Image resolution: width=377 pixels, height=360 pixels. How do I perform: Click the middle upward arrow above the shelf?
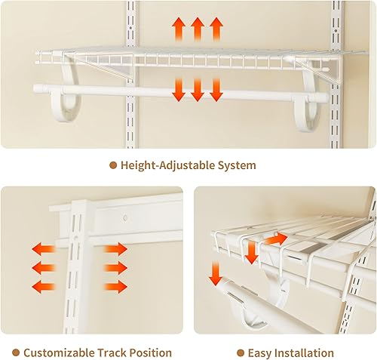[x=198, y=29]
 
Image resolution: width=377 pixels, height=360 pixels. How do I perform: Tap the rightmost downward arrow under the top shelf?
[x=216, y=89]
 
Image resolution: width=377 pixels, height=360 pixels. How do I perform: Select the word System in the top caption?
[x=235, y=165]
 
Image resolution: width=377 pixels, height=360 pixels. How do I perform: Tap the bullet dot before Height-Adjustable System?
[x=113, y=165]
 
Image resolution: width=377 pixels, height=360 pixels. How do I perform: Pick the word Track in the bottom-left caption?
[x=115, y=352]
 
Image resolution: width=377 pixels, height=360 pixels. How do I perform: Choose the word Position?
[x=153, y=352]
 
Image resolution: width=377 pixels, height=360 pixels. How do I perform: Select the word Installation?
[x=306, y=352]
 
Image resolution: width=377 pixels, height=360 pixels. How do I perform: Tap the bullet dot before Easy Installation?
[x=241, y=352]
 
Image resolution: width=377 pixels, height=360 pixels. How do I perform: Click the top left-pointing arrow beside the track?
[x=42, y=248]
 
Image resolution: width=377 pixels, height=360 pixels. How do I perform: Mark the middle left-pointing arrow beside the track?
[x=42, y=266]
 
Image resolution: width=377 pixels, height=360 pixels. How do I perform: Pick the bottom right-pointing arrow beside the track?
[x=115, y=286]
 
